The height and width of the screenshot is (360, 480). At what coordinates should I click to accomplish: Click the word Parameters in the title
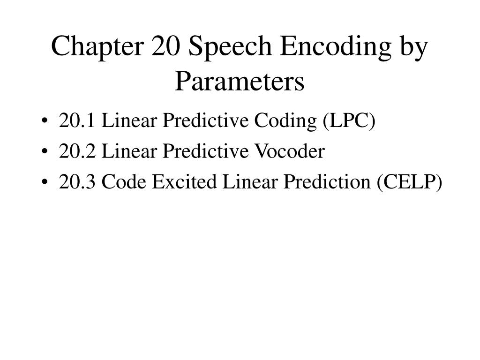240,81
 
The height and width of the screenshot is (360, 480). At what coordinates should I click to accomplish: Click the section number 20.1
77,121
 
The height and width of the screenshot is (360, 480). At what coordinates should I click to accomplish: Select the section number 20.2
77,151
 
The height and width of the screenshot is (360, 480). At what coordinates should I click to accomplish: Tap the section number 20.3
77,182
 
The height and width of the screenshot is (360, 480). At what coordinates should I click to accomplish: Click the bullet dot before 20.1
44,122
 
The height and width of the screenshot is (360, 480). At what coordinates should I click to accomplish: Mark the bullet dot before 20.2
44,152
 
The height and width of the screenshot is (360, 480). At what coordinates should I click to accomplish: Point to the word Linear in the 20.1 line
129,121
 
